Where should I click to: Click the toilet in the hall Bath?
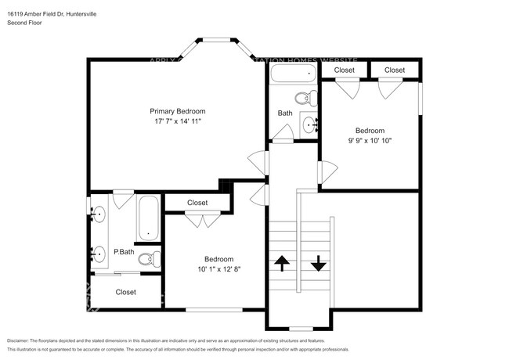(305, 99)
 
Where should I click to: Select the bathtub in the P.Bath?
(147, 219)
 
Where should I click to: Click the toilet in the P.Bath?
(147, 258)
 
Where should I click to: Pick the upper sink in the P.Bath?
(99, 214)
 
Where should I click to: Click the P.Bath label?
(123, 252)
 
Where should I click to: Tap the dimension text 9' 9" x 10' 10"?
(370, 141)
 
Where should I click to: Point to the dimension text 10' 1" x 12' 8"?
(218, 270)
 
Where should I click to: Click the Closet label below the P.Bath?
(125, 292)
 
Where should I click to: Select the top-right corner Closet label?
(395, 70)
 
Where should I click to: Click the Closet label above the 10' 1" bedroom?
(197, 203)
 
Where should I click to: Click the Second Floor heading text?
(26, 23)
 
